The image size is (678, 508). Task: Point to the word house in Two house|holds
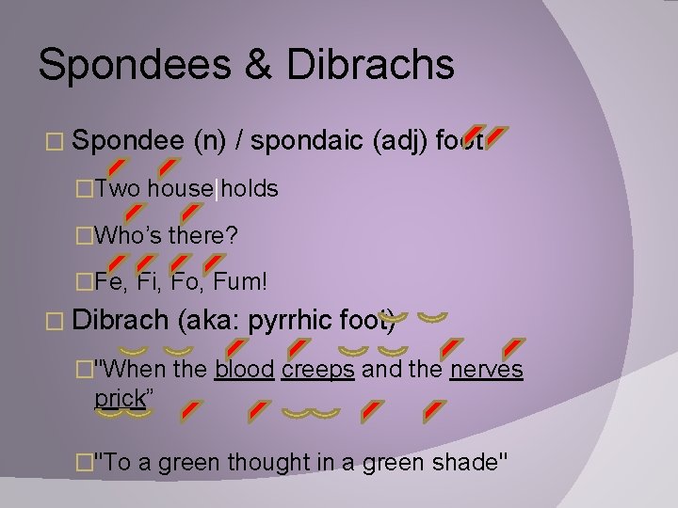[180, 189]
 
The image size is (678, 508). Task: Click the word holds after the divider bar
[249, 189]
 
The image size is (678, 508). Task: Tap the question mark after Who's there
[231, 234]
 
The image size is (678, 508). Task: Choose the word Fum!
[241, 279]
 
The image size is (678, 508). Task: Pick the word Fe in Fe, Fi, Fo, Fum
[107, 279]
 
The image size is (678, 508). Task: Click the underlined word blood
[244, 370]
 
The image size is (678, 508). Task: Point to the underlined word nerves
[486, 370]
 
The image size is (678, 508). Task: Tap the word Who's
[129, 234]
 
